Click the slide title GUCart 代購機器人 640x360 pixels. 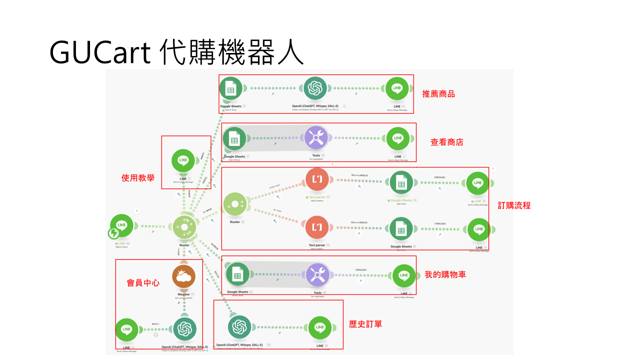tap(176, 52)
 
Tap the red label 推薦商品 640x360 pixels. tap(438, 94)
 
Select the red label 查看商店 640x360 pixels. tap(446, 142)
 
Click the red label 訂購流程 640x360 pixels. tap(514, 205)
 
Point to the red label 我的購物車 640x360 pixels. tap(445, 274)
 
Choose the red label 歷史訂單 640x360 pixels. tap(365, 324)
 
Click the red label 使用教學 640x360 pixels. tap(138, 178)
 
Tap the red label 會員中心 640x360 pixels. tap(143, 283)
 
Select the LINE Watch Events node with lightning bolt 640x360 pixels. tap(121, 226)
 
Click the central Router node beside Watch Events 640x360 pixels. tap(184, 227)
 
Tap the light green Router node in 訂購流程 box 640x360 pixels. tap(235, 204)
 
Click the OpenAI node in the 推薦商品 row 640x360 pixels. tap(315, 88)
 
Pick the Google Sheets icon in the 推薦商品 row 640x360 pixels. tap(230, 88)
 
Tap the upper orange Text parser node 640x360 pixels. tap(317, 179)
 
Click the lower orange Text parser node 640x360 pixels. tap(317, 227)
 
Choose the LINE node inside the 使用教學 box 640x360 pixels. tap(183, 161)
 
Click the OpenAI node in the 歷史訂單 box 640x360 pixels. tap(239, 327)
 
